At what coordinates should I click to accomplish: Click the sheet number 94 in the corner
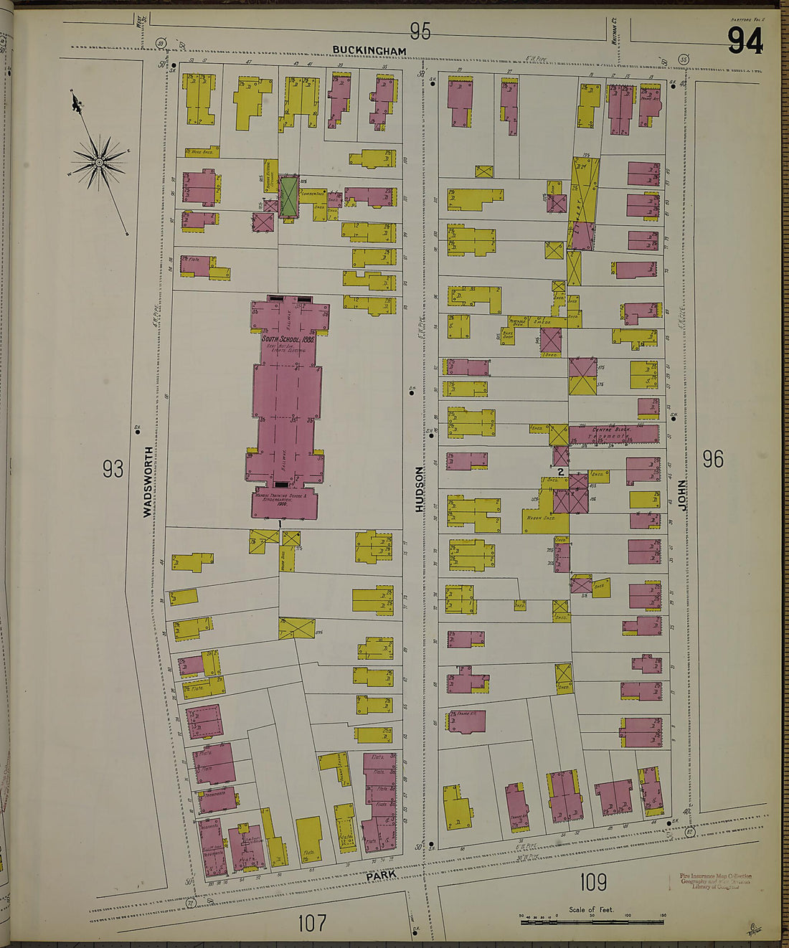click(x=745, y=41)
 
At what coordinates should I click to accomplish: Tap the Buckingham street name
click(x=369, y=51)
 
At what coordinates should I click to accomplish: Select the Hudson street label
click(x=420, y=489)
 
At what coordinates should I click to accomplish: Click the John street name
click(x=682, y=495)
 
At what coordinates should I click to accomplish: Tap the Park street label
click(x=381, y=875)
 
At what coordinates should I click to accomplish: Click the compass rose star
click(x=99, y=163)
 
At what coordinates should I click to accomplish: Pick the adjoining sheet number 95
click(x=420, y=31)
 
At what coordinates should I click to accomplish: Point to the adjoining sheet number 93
click(x=113, y=469)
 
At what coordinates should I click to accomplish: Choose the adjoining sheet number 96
click(x=712, y=459)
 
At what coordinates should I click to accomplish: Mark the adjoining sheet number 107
click(x=312, y=922)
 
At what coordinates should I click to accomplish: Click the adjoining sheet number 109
click(x=593, y=881)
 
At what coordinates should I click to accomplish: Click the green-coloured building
click(x=288, y=196)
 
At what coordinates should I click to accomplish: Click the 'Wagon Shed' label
click(x=542, y=518)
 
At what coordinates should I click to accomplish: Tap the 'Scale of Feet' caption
click(x=591, y=909)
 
